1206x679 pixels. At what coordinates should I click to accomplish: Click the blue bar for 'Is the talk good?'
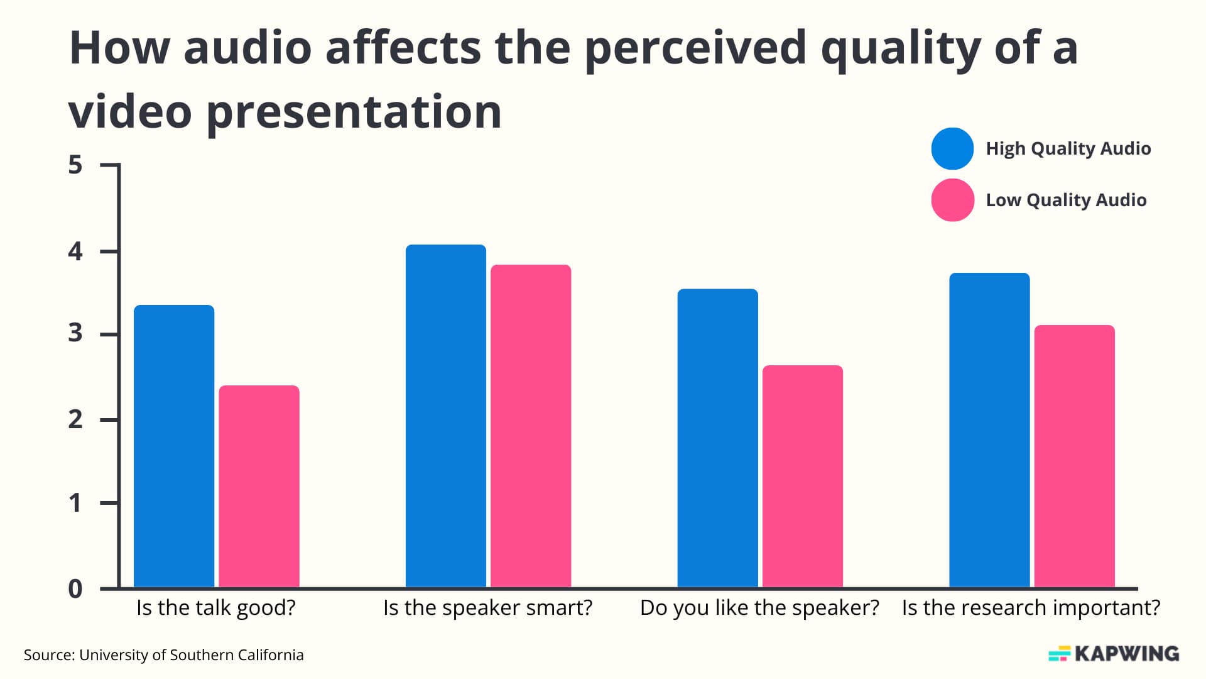tap(174, 446)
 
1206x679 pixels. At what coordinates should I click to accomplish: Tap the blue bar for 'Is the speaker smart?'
tap(446, 416)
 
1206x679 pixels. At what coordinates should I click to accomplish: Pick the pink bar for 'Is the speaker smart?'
tap(531, 426)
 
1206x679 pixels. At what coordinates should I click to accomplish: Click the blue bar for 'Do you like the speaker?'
tap(717, 438)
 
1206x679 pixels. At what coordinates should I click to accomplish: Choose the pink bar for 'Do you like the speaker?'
tap(803, 476)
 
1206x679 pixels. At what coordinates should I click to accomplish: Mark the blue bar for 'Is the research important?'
tap(989, 430)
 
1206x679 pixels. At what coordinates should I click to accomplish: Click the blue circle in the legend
tap(952, 149)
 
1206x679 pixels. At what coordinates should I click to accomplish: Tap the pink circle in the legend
tap(952, 200)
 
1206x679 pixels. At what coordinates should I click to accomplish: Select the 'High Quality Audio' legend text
tap(1068, 149)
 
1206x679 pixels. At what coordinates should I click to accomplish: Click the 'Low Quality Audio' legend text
tap(1066, 200)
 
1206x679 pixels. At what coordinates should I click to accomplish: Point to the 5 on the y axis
tap(75, 165)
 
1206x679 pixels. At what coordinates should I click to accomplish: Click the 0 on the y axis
tap(75, 589)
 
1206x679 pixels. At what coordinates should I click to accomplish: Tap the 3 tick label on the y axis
tap(75, 333)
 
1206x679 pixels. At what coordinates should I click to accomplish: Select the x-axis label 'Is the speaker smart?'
tap(487, 608)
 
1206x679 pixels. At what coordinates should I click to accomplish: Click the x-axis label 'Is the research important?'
tap(1031, 608)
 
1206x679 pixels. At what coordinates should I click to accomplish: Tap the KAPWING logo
tap(1114, 654)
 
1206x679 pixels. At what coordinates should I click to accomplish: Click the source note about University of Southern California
tap(163, 655)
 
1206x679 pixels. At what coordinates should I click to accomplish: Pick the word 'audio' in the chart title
tap(247, 48)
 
